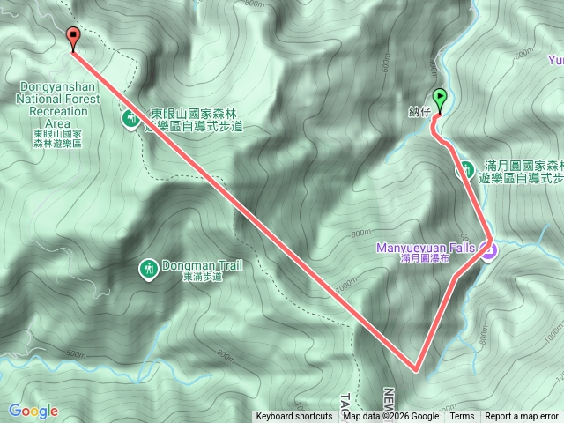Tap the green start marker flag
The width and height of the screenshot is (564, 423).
[440, 100]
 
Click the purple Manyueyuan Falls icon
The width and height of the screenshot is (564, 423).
[489, 250]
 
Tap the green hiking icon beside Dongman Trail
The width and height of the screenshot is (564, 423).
[148, 267]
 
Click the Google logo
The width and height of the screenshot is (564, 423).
[33, 411]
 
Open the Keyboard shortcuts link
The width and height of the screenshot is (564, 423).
[294, 417]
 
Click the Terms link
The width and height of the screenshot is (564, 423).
[462, 417]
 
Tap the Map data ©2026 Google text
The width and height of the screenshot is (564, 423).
[391, 417]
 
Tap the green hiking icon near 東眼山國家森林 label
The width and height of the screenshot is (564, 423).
[131, 117]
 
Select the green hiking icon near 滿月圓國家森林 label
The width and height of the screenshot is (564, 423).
[464, 169]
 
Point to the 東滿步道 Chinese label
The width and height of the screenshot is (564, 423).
[203, 277]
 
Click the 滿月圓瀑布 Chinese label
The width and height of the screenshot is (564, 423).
[426, 260]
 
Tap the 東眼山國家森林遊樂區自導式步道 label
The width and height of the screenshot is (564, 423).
[194, 120]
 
